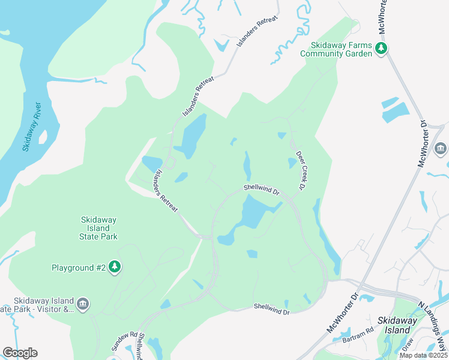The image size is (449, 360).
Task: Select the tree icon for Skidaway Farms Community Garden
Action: tap(380, 48)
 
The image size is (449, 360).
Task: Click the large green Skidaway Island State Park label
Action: tap(100, 228)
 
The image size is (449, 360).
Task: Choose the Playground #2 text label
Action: tap(79, 268)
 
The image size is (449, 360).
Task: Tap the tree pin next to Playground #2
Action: tap(115, 267)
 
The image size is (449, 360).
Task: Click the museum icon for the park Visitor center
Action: tap(83, 305)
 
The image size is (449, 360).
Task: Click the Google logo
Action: tap(20, 352)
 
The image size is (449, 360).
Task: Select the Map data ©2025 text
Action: tap(423, 355)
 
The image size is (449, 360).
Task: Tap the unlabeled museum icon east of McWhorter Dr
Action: tap(441, 148)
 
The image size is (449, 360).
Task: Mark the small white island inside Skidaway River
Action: tap(43, 137)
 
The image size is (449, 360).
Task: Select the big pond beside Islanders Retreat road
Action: tap(191, 137)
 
